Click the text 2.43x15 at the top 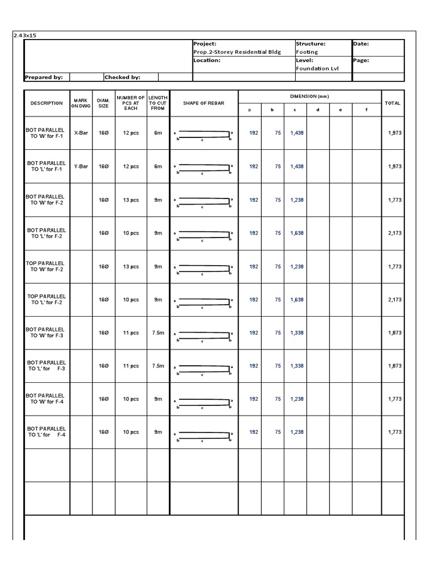[x=25, y=36]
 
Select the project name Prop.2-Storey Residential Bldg [x=237, y=52]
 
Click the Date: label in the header [x=361, y=44]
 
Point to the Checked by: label [x=122, y=77]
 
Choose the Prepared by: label [x=44, y=77]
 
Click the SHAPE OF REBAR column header [x=203, y=103]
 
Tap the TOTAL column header [x=393, y=103]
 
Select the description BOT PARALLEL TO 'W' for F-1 [x=46, y=133]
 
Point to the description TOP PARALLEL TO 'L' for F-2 [x=46, y=299]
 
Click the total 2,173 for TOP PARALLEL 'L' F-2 [x=395, y=300]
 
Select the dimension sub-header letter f [x=366, y=110]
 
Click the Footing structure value [x=307, y=52]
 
